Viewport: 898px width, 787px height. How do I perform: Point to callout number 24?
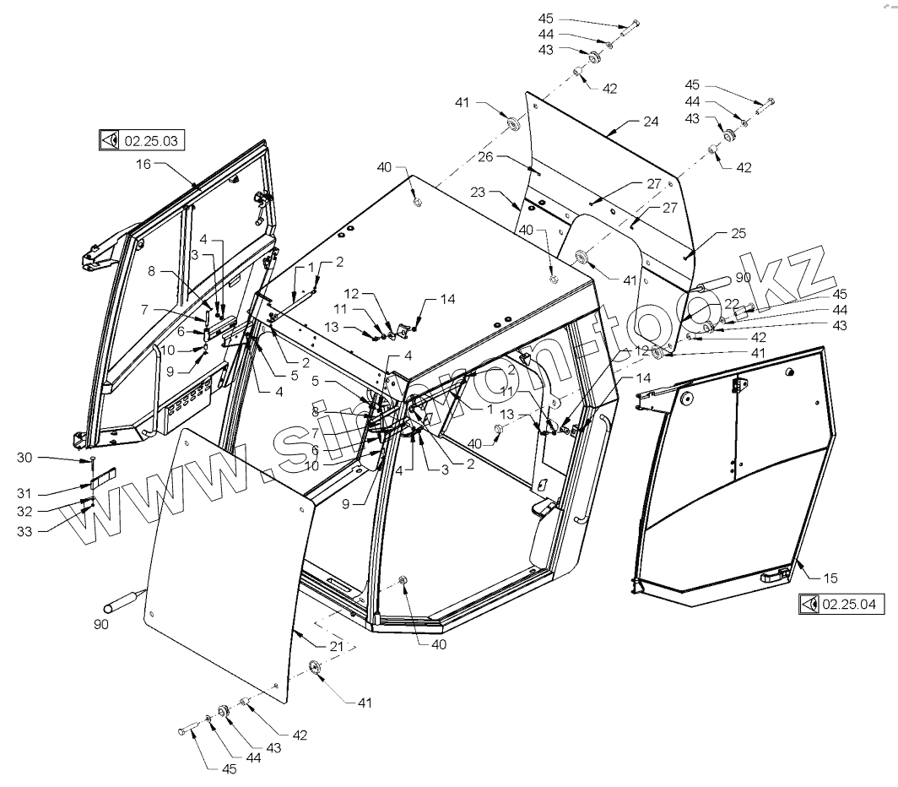650,122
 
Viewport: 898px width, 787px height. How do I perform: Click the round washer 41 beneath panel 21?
318,669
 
